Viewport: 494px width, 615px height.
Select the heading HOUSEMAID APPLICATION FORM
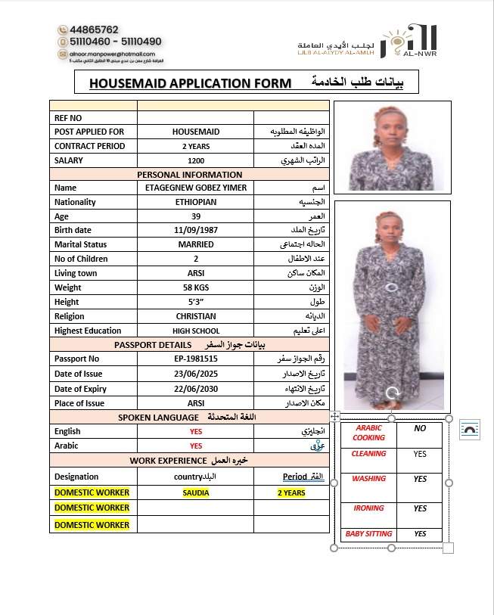[190, 82]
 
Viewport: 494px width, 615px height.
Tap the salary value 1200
[195, 160]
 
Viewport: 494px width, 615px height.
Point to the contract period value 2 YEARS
[195, 146]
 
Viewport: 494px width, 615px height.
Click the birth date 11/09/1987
[195, 230]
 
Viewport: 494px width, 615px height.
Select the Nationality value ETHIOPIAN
[195, 202]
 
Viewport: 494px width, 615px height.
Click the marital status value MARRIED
[195, 244]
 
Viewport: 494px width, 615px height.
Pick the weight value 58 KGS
[195, 287]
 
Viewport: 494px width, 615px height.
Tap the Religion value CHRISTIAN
[195, 316]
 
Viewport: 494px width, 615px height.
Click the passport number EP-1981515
[195, 359]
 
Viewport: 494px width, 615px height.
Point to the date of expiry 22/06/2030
[195, 388]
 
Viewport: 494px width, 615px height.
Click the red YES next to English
[195, 431]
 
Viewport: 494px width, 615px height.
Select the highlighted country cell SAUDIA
[195, 492]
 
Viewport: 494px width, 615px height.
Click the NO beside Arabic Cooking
[420, 428]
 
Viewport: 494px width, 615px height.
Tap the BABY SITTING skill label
[368, 534]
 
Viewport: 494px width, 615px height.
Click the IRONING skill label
[368, 508]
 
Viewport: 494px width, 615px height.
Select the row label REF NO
[68, 118]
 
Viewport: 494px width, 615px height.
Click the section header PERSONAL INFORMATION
[189, 174]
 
